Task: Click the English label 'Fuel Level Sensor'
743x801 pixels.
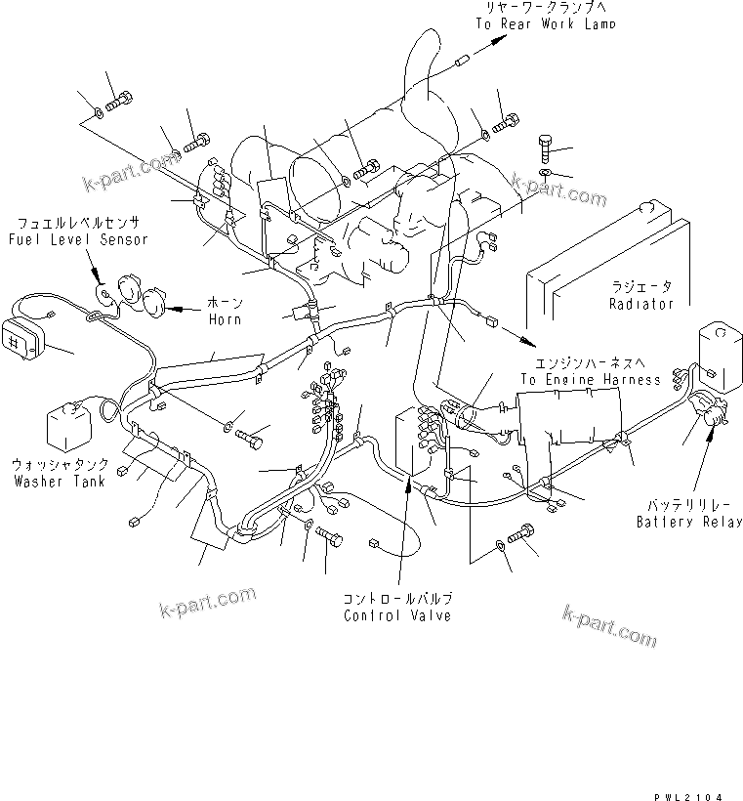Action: pos(77,239)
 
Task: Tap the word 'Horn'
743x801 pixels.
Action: pos(225,319)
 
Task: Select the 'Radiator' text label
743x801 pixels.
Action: pos(641,304)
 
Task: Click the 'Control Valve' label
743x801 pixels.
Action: pos(397,616)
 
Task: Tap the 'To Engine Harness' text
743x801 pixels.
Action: pos(590,379)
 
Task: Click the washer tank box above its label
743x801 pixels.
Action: pos(68,427)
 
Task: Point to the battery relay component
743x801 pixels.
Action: pos(709,408)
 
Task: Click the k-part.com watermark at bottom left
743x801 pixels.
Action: pos(207,603)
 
